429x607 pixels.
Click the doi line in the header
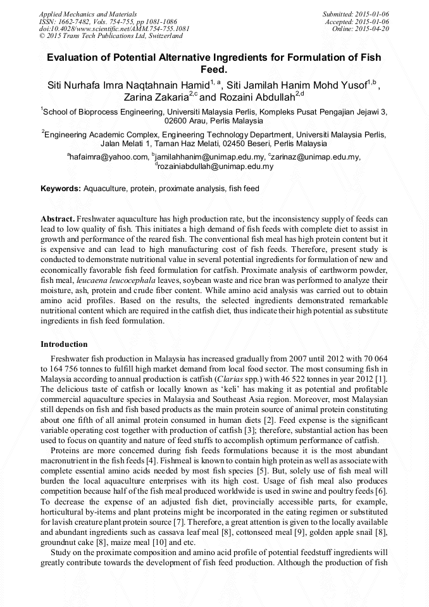114,28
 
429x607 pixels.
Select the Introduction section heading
64,344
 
